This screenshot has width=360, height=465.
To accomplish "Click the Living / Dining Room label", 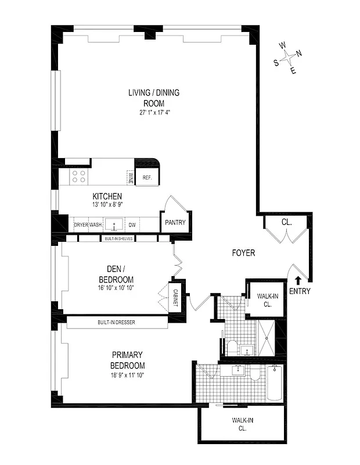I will point(154,97).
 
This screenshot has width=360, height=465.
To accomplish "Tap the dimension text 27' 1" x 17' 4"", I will point(154,112).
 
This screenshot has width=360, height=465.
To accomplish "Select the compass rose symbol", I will point(289,58).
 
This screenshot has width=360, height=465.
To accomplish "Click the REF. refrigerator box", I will point(147,177).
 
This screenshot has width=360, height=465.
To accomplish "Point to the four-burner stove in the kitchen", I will point(78,177).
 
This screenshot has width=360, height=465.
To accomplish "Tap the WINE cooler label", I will point(131,178).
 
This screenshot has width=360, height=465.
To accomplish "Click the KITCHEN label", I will point(107,196).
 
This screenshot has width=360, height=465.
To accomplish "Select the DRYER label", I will point(80,224).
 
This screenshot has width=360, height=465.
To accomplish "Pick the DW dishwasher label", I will point(132,224).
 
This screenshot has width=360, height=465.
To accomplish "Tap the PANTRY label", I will point(175,223).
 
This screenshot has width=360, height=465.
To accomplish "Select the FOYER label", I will point(243,253).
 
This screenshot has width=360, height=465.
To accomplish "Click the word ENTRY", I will point(300,292).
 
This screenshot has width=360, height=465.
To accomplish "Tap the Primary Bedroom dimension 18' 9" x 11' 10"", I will point(127,375).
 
